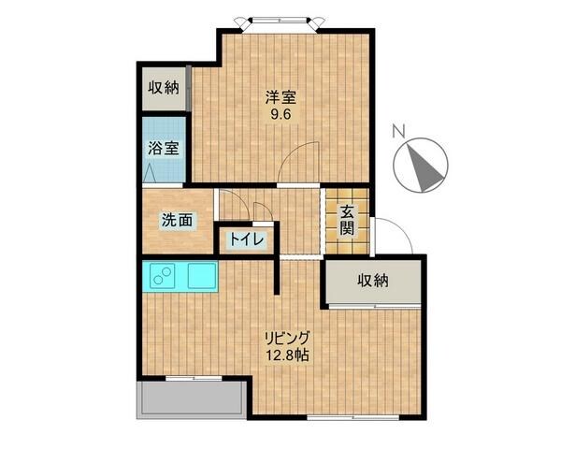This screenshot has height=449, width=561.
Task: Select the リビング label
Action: (x=286, y=338)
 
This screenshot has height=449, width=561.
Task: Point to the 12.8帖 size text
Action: (x=286, y=355)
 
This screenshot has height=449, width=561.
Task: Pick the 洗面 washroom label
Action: (x=178, y=221)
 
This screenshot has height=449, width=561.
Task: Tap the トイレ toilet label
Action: (x=245, y=239)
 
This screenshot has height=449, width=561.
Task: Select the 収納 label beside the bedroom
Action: (x=164, y=89)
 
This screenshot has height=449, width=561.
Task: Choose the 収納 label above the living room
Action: (x=372, y=281)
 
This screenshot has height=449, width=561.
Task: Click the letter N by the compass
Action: (x=398, y=132)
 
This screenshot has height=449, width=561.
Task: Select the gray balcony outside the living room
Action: (x=192, y=400)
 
